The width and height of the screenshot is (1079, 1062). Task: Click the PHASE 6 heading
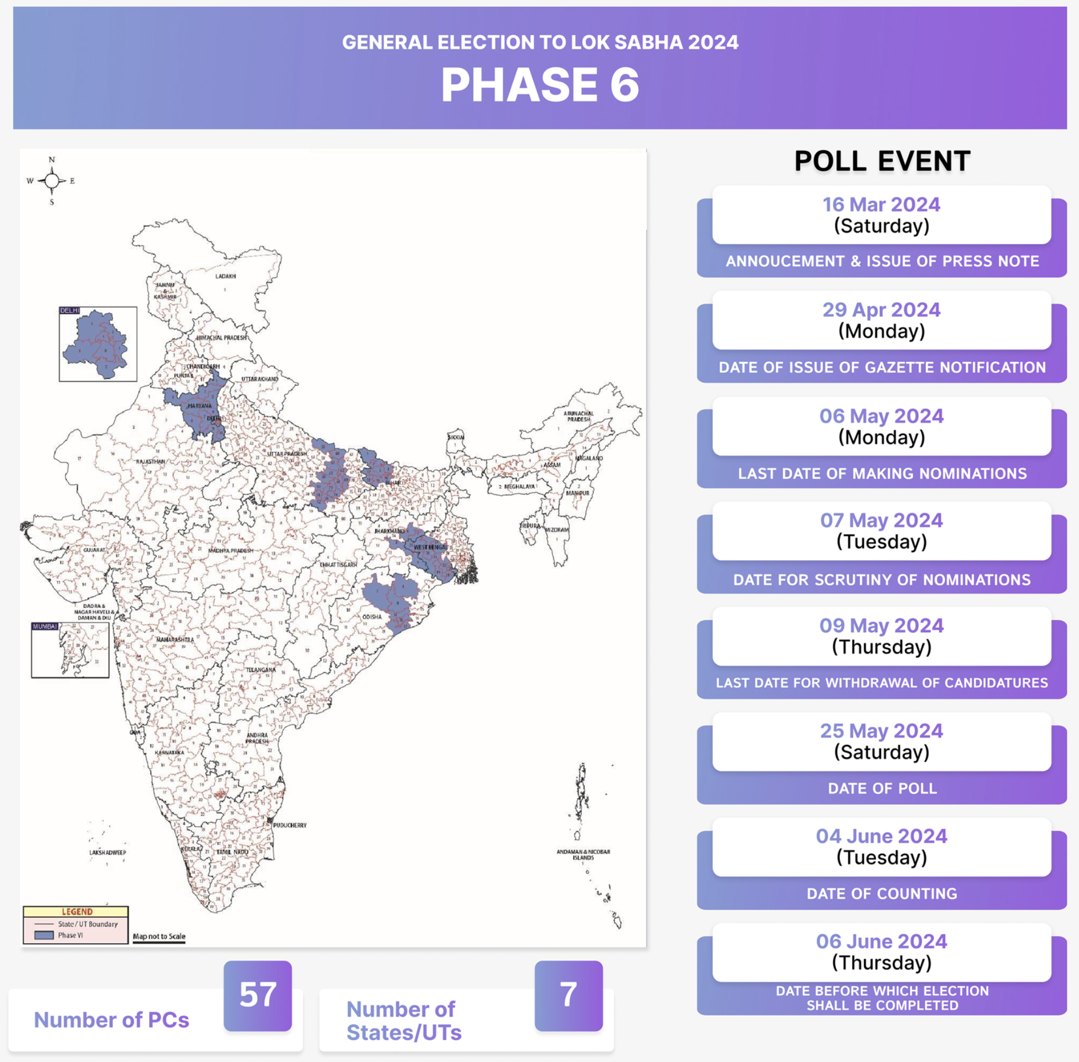click(539, 85)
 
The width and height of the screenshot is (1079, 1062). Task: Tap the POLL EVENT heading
click(882, 161)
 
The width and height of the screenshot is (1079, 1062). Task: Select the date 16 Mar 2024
click(881, 205)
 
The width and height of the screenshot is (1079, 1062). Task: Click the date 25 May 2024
click(881, 731)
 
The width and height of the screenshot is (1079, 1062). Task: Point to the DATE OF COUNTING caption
click(881, 893)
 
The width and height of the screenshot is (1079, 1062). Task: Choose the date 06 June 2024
click(881, 941)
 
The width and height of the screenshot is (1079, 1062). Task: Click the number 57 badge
click(258, 995)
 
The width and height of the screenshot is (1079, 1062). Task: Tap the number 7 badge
click(568, 995)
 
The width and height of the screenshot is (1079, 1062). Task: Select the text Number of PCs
click(111, 1020)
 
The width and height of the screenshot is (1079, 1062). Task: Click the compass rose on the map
click(51, 181)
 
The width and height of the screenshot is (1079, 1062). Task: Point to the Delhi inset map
click(98, 344)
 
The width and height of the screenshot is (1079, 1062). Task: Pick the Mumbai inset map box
click(70, 650)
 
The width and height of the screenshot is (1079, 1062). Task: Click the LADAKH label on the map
click(226, 277)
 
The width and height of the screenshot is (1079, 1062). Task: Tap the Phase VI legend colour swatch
click(44, 935)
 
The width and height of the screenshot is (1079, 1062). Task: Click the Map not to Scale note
click(159, 936)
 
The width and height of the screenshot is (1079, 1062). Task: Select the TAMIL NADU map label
click(232, 852)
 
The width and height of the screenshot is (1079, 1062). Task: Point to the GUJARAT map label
click(94, 550)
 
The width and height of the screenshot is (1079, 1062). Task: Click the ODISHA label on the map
click(372, 617)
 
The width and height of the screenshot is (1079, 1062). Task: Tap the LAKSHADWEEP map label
click(107, 852)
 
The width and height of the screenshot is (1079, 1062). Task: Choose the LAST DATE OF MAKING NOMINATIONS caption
click(881, 473)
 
